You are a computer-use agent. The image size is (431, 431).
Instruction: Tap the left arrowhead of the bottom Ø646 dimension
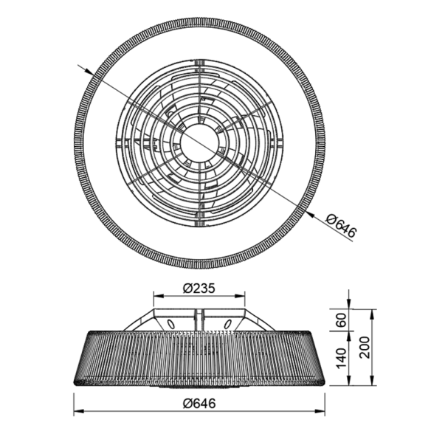pos(77,413)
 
